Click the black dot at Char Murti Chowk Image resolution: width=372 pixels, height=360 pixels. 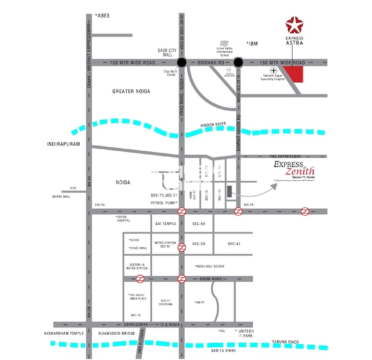tap(182, 63)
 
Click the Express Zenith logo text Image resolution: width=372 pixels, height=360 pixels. tap(295, 168)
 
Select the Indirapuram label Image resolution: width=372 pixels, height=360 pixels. tap(64, 144)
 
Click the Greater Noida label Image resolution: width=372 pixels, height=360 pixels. tap(131, 92)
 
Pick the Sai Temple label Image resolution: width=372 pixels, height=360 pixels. tap(166, 224)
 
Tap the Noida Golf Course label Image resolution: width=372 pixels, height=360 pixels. tap(210, 266)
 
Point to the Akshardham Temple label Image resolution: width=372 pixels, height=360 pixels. tap(65, 333)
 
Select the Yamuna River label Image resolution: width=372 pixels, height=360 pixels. tap(285, 341)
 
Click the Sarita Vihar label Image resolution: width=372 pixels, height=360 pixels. tap(223, 350)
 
